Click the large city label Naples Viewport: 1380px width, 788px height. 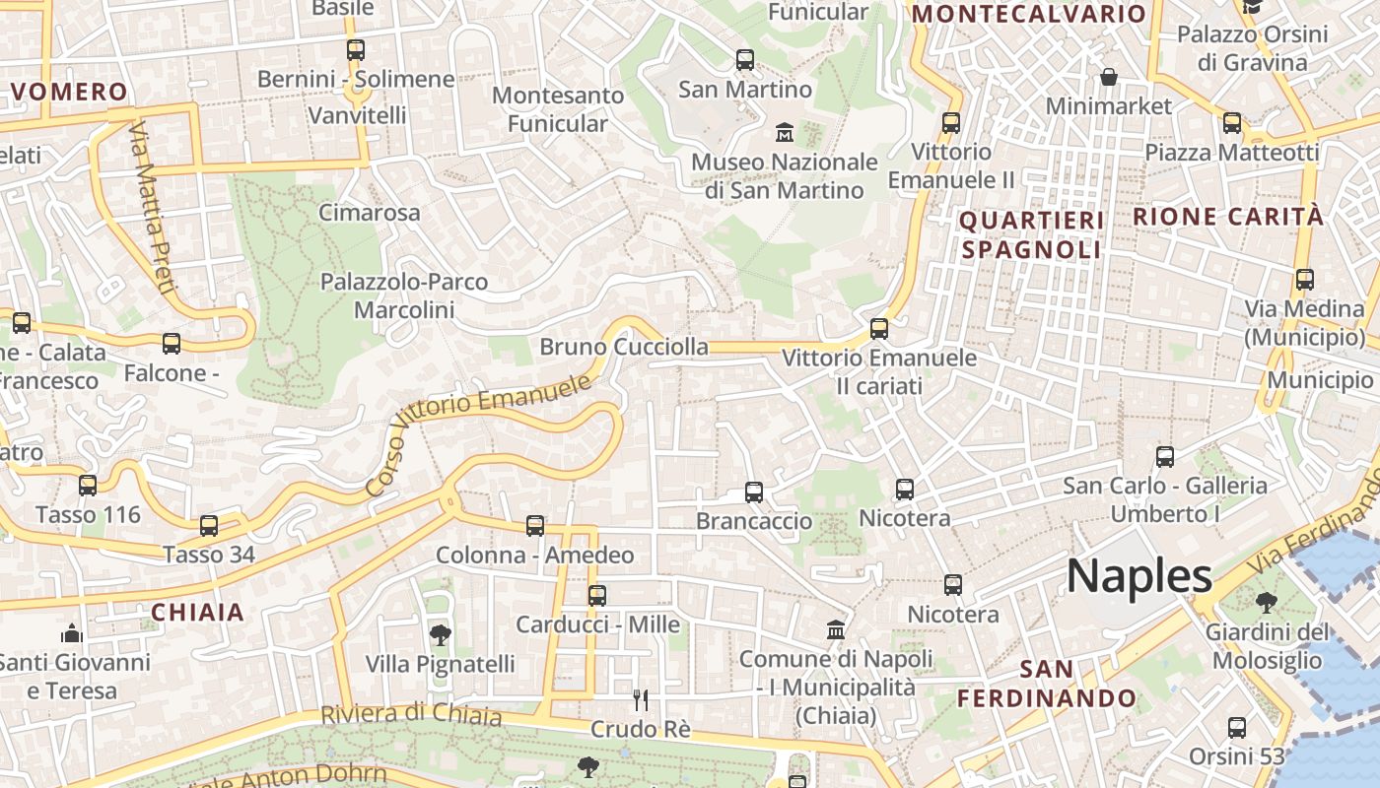click(x=1138, y=575)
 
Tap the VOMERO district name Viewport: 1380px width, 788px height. click(x=70, y=93)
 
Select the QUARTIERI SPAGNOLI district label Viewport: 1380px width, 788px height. click(x=1031, y=234)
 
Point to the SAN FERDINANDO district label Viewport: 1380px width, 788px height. click(x=1047, y=684)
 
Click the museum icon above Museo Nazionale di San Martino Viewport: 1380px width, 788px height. click(x=785, y=132)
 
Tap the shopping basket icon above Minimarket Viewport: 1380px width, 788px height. click(x=1109, y=77)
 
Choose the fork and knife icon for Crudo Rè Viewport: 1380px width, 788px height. click(x=641, y=700)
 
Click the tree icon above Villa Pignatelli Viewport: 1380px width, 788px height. click(x=441, y=635)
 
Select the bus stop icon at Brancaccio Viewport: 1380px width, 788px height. click(x=754, y=492)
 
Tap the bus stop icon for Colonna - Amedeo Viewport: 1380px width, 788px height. click(x=535, y=526)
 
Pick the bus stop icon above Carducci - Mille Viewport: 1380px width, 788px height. click(x=597, y=595)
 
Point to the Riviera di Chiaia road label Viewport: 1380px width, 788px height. click(x=411, y=714)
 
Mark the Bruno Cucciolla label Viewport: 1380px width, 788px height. click(x=624, y=347)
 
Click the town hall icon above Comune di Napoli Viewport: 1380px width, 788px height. click(x=836, y=628)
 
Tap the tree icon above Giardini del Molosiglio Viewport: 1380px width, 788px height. click(x=1267, y=602)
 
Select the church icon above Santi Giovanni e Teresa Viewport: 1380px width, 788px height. click(x=71, y=632)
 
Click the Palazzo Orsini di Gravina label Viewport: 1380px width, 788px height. click(x=1252, y=48)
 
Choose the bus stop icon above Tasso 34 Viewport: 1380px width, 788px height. click(x=209, y=526)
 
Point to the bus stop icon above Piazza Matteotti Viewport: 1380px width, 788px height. click(x=1232, y=123)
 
